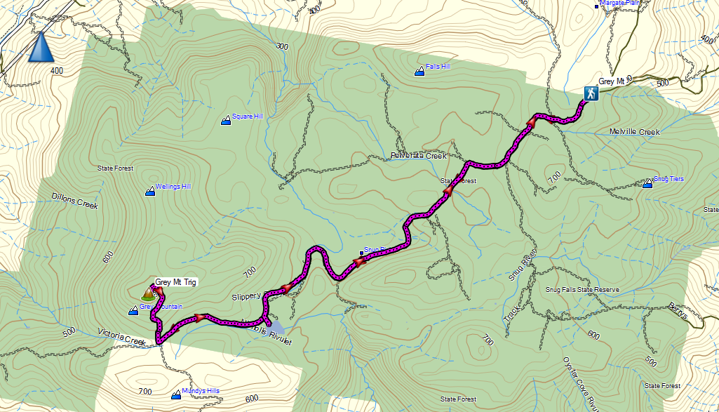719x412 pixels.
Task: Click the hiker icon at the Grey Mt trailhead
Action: pos(591,93)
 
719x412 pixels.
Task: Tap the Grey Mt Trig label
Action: pos(175,282)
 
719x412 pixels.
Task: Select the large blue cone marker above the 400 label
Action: pos(41,47)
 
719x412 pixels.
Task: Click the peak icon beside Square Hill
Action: pos(226,121)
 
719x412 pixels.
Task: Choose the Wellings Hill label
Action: pos(173,187)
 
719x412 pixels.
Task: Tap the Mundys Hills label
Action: pos(200,391)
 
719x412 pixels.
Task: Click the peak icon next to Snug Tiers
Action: pos(647,184)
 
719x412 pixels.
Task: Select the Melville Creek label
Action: pos(635,132)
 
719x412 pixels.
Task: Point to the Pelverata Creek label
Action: pos(419,156)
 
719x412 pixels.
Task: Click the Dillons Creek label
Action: pos(75,201)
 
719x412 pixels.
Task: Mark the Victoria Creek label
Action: pos(121,338)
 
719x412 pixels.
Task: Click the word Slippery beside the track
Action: pos(246,297)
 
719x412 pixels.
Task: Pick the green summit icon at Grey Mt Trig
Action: pos(147,294)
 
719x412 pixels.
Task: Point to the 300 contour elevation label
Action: pos(283,46)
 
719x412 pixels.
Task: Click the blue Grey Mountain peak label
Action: pos(161,307)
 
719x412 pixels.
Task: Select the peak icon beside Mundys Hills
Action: pos(175,396)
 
